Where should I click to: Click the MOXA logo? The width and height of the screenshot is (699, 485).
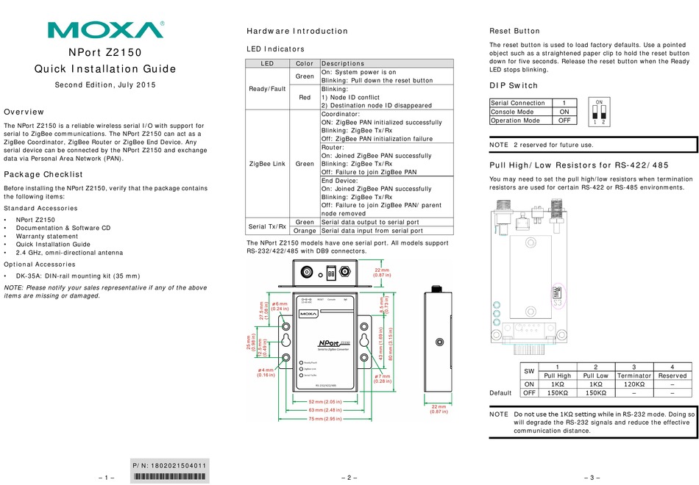tap(106, 29)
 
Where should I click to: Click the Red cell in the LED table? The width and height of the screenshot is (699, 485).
tap(305, 96)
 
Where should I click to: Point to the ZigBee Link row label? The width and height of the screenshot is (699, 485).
tap(268, 164)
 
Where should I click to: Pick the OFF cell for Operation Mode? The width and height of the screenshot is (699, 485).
tap(564, 121)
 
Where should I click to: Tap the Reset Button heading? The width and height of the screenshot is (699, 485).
tap(515, 32)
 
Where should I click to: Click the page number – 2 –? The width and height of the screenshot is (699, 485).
tap(349, 478)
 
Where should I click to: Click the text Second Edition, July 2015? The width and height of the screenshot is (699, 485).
tap(106, 85)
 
